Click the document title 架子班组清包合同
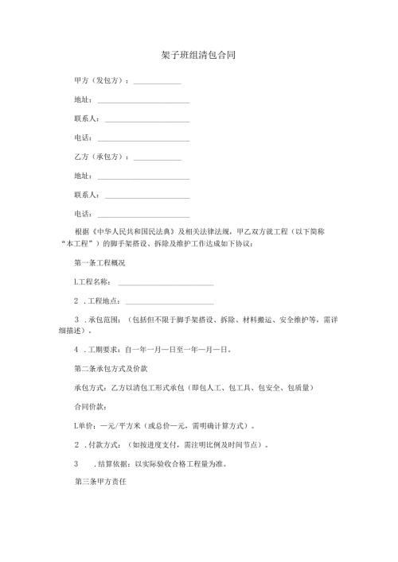coord(196,56)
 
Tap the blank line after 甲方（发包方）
coord(158,83)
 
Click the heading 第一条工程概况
coord(99,263)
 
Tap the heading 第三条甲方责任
coord(99,482)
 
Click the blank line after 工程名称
coord(166,282)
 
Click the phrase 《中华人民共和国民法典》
coord(133,231)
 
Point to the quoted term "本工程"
coord(79,243)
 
